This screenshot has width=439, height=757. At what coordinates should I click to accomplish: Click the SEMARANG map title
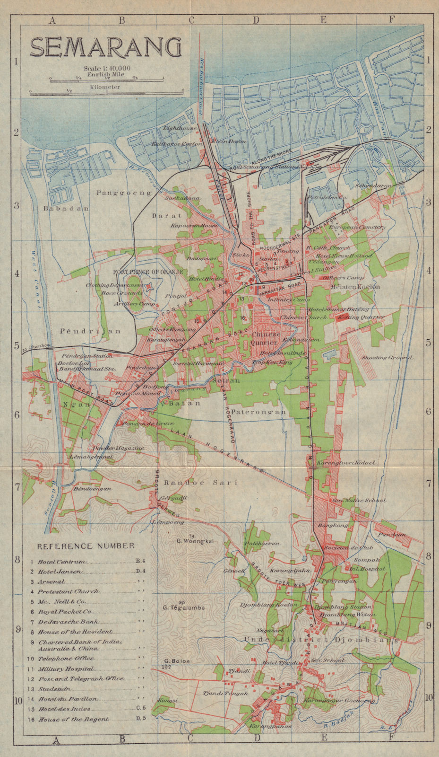pyautogui.click(x=106, y=47)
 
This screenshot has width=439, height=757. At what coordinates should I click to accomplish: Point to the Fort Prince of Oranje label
pyautogui.click(x=147, y=272)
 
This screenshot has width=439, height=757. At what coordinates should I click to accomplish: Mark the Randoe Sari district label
pyautogui.click(x=194, y=483)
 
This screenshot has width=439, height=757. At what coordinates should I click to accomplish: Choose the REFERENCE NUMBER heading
pyautogui.click(x=86, y=546)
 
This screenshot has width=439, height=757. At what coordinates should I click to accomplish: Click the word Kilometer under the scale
pyautogui.click(x=106, y=87)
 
